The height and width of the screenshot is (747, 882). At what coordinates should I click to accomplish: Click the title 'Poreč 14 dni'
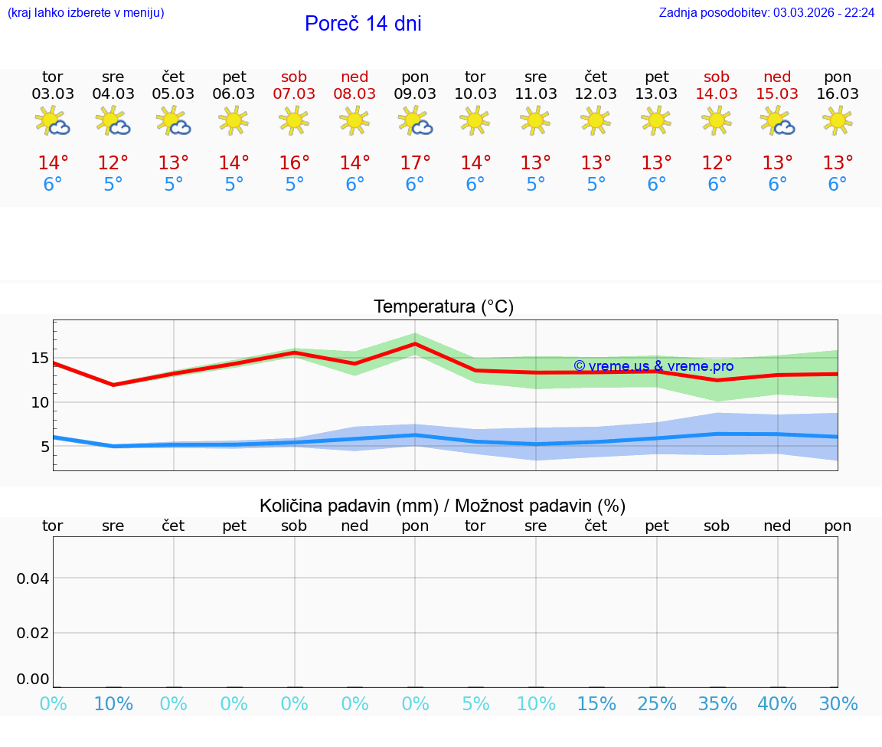coord(363,24)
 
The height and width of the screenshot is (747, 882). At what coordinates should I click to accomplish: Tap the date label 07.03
coord(294,94)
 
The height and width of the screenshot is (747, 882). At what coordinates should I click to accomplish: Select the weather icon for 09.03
coord(416,121)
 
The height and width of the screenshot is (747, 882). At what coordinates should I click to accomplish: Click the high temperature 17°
coord(415,163)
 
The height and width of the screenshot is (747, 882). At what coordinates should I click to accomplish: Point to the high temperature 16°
coord(294,163)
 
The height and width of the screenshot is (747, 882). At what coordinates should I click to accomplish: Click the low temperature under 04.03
coord(113,185)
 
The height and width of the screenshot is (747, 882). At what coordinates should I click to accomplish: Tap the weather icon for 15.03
coord(778,121)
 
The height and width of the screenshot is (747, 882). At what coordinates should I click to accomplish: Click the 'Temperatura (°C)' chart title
coord(443,307)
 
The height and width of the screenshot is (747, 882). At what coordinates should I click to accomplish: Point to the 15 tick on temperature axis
coord(40,358)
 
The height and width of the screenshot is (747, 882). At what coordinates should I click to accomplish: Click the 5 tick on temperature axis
coord(44,447)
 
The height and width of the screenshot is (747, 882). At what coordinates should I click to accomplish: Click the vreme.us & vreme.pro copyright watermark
coord(653,366)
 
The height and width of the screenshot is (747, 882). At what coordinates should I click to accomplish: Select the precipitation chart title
coord(443,506)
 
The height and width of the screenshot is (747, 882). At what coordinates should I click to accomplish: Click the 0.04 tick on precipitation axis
coord(34,578)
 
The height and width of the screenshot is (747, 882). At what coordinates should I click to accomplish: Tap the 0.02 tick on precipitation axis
coord(34,633)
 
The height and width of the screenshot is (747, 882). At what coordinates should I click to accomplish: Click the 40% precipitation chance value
coord(778,704)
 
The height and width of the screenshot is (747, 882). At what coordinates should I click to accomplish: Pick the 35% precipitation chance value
coord(717,704)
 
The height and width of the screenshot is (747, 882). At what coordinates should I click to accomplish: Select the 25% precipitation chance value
coord(657,704)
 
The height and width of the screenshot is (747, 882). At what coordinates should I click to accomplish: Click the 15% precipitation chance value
coord(596,704)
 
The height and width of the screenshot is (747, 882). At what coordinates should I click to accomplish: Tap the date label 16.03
coord(838,94)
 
